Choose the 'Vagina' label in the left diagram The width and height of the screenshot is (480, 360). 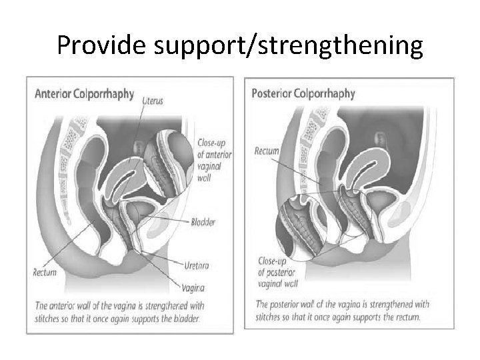click(x=193, y=287)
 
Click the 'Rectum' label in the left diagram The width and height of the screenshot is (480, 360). click(x=45, y=272)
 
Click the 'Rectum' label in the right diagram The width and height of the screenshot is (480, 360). click(x=267, y=151)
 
